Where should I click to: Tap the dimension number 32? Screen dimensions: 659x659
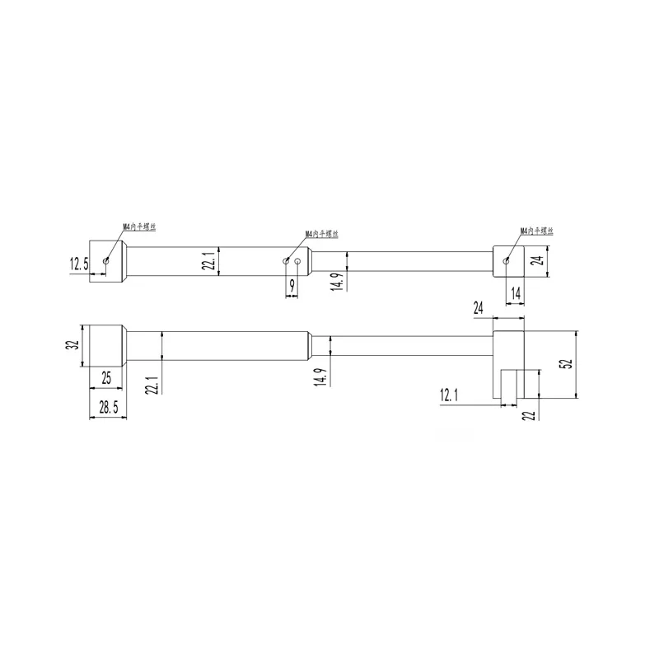(72, 346)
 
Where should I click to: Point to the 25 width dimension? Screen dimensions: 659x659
(105, 378)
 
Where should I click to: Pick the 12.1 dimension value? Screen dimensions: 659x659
(449, 396)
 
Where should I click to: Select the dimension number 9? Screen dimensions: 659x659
(291, 285)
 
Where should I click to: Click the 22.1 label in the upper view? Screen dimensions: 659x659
(208, 262)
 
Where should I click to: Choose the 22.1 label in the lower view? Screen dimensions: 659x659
(152, 383)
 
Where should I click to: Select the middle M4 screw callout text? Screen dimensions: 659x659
(322, 234)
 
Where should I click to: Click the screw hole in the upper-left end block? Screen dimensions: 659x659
(106, 260)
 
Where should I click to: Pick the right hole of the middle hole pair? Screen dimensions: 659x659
(298, 260)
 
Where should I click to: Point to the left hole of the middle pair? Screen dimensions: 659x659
(286, 260)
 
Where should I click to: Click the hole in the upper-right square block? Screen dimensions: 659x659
(507, 260)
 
